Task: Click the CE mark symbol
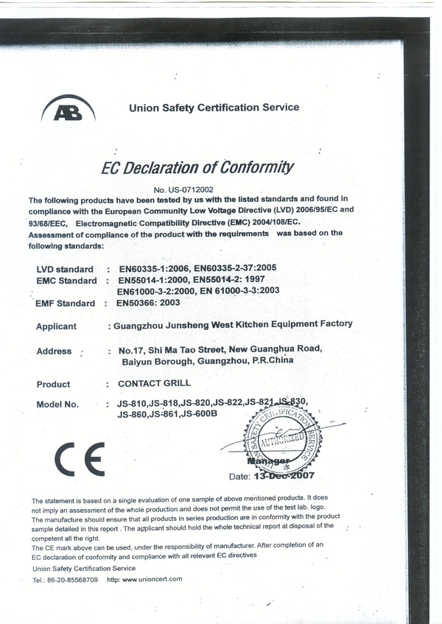[80, 459]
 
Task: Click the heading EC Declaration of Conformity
[197, 167]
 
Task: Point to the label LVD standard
[65, 269]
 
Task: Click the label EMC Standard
[66, 281]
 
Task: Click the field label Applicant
[56, 326]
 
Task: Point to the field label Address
[54, 351]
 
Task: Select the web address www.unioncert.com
[154, 579]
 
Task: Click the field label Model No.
[57, 404]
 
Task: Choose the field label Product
[53, 384]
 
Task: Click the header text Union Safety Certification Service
[214, 108]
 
